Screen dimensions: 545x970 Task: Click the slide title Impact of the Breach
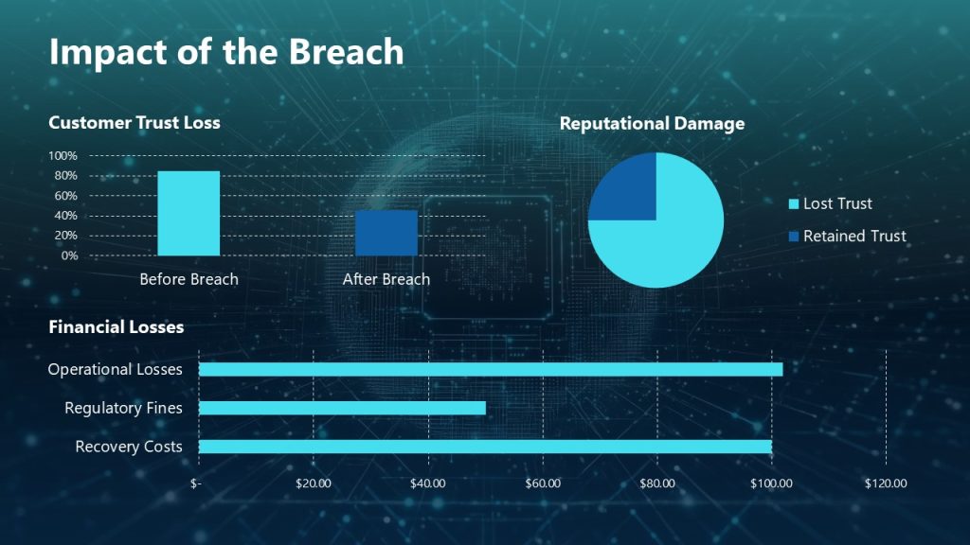225,52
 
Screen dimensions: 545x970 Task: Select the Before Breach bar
189,214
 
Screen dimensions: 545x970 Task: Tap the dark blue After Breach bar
386,233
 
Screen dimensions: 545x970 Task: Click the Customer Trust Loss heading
134,122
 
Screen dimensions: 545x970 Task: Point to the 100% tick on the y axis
63,156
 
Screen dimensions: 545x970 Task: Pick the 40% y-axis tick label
65,216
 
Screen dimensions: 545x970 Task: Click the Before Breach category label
189,279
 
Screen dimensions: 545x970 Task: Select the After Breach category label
386,279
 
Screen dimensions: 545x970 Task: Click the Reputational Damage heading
652,124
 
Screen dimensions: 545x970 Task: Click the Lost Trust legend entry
830,203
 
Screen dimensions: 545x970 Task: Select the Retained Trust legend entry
846,237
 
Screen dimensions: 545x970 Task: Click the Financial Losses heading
116,327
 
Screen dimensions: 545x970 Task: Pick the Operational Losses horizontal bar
491,369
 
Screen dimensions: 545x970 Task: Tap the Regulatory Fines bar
342,408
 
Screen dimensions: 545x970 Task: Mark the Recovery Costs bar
485,447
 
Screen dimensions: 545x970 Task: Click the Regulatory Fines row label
123,408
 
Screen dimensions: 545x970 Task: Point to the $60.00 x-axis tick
543,483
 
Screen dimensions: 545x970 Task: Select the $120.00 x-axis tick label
886,483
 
